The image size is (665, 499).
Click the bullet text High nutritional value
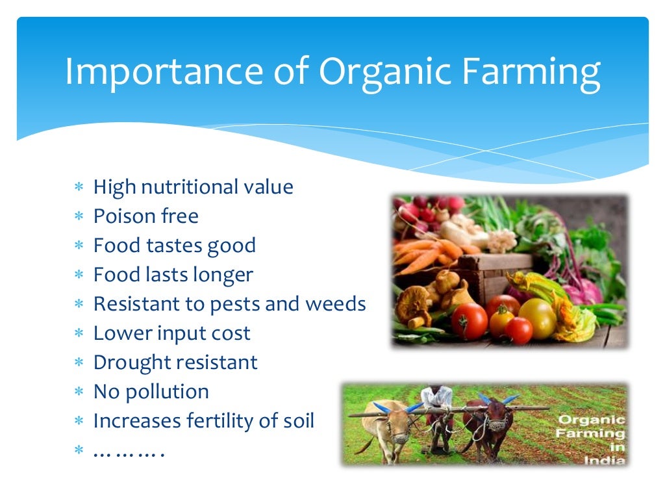tap(193, 187)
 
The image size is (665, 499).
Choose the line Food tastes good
tap(175, 245)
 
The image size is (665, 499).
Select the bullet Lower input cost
tap(171, 333)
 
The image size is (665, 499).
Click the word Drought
tap(132, 362)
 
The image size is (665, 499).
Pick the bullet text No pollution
tap(151, 391)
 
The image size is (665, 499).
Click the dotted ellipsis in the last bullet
tap(128, 451)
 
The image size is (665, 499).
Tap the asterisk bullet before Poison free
tap(79, 217)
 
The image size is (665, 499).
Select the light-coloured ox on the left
tap(390, 426)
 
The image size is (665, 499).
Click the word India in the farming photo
tap(603, 459)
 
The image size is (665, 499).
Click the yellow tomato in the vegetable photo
tap(536, 316)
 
